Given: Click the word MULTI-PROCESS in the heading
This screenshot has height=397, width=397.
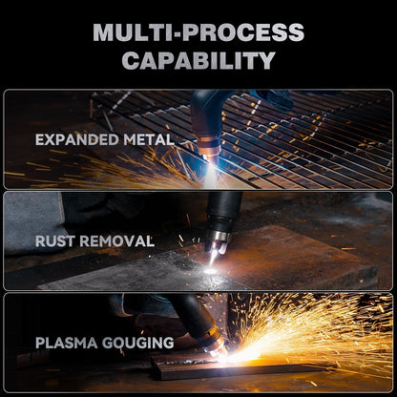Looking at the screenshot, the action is (198, 32).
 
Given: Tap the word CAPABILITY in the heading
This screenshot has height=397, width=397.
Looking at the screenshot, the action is (198, 60).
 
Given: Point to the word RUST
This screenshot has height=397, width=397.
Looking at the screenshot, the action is (55, 241).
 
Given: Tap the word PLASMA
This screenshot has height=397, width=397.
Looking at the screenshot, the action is (67, 343).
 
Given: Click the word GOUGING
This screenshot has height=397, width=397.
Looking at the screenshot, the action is (138, 343).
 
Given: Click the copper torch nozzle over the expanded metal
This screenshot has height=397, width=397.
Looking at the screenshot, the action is (211, 148).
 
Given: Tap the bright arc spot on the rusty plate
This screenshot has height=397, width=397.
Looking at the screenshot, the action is (210, 271).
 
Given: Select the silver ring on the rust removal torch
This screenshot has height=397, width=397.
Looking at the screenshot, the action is (219, 237).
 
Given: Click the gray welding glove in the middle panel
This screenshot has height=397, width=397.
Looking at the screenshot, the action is (31, 222).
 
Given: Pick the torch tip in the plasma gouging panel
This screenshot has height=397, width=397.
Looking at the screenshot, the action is (217, 349).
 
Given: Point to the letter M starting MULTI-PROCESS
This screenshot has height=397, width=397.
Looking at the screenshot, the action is (104, 32).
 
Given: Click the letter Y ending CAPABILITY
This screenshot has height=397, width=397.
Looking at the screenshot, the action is (266, 60).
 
